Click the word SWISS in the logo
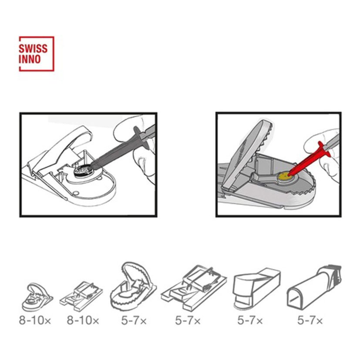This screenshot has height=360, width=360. click(x=33, y=49)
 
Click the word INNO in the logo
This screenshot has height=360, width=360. click(x=30, y=59)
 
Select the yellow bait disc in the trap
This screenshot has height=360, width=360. click(x=284, y=176)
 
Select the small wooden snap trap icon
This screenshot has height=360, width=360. click(x=81, y=296)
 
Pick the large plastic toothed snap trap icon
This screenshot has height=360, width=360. click(x=133, y=287)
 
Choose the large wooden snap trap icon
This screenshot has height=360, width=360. click(x=194, y=289)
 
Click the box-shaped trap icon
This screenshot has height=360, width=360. click(x=256, y=288)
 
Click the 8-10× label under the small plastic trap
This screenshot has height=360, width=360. click(x=35, y=320)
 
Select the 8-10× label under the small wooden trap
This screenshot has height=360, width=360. click(x=83, y=320)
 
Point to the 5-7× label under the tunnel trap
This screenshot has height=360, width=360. click(x=310, y=320)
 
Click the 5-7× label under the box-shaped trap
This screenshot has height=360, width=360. click(x=250, y=320)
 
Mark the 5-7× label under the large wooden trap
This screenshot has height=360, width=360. click(x=188, y=320)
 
